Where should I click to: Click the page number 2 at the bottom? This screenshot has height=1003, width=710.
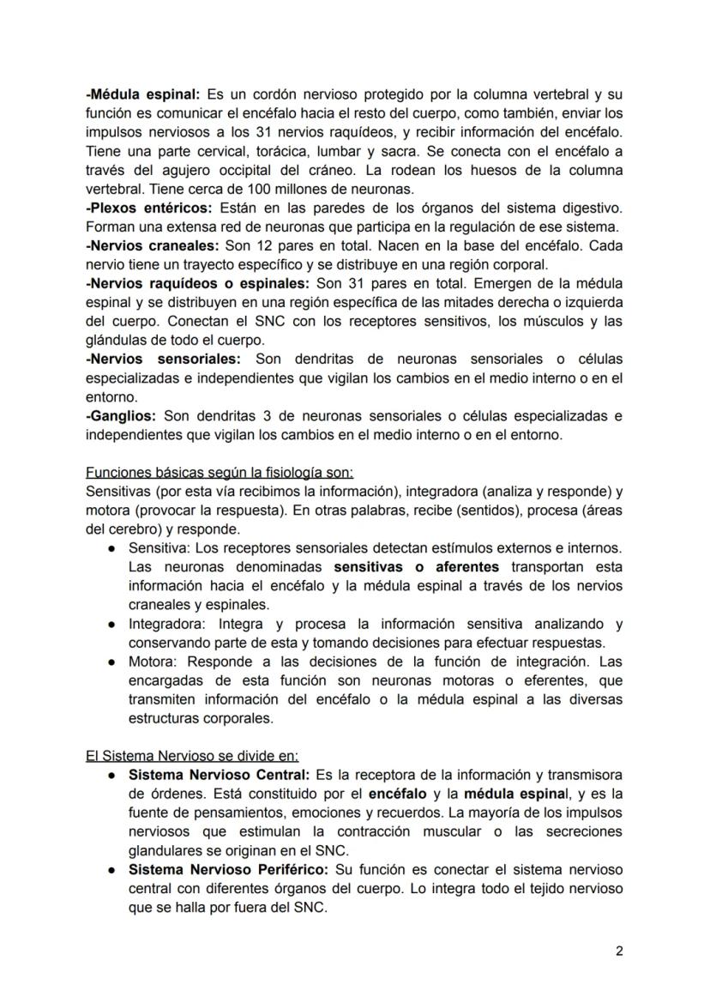click(618, 951)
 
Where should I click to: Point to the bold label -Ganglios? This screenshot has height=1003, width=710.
click(120, 415)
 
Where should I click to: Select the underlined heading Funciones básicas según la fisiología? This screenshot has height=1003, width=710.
click(219, 473)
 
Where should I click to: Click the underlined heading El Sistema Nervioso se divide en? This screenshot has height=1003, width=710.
click(192, 756)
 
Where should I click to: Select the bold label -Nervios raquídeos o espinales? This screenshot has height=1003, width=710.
click(198, 282)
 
